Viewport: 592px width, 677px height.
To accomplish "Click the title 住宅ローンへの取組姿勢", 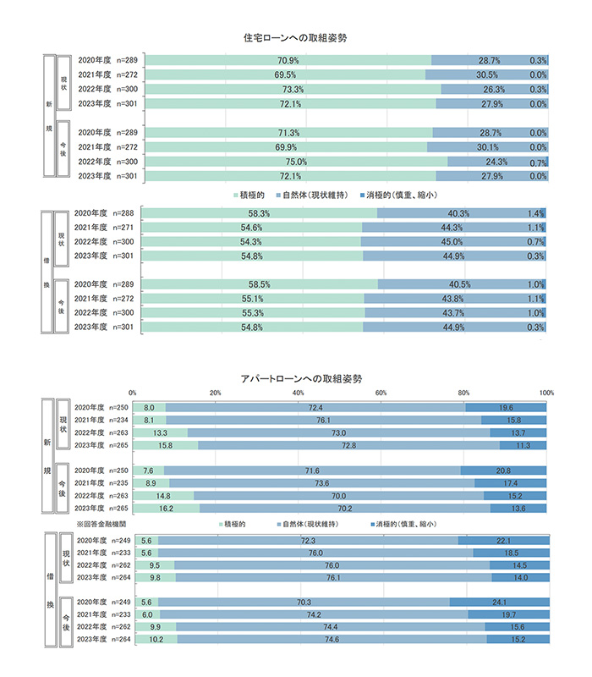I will point(295,39).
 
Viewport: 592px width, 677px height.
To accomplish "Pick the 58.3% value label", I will point(259,212).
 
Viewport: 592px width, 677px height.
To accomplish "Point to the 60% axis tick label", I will point(381,393).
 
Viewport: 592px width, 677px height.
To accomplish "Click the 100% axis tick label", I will point(546,393).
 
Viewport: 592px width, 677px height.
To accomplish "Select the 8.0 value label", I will point(150,408).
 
